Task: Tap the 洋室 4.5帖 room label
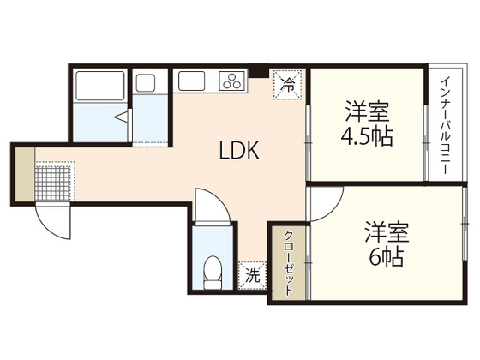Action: [x=369, y=124]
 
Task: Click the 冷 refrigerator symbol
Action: [x=289, y=85]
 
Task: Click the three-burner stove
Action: [x=232, y=82]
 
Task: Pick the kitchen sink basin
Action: [x=193, y=82]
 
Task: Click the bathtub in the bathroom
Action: [x=100, y=86]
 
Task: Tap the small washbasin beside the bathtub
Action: [x=146, y=83]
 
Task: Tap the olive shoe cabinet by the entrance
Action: [x=24, y=172]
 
